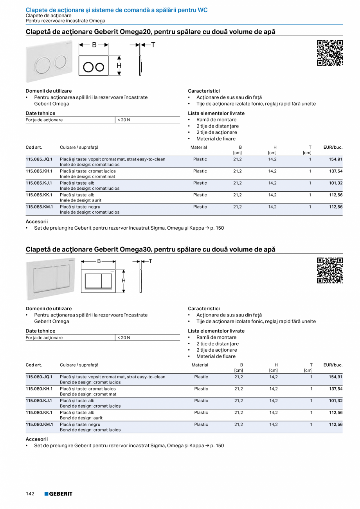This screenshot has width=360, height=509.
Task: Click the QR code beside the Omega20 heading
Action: click(x=329, y=52)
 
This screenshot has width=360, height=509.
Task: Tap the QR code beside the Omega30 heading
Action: click(x=329, y=270)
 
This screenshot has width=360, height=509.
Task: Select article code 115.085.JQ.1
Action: click(x=39, y=159)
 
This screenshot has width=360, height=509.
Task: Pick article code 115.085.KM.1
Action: click(x=39, y=207)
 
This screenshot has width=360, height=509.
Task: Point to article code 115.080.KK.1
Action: click(x=39, y=412)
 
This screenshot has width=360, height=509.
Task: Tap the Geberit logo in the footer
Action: click(x=58, y=494)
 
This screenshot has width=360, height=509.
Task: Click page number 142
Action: click(x=30, y=494)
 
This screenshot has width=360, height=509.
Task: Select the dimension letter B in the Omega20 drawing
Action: click(x=94, y=45)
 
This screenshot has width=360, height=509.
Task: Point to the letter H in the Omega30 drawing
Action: click(x=124, y=281)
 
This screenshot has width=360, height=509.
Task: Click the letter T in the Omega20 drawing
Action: click(x=153, y=45)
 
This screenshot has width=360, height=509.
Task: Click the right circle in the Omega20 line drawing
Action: click(x=100, y=67)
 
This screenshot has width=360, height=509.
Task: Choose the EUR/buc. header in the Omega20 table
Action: click(x=333, y=147)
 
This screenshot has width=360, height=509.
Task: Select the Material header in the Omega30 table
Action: click(x=200, y=365)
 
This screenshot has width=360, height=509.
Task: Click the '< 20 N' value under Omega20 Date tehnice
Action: click(x=124, y=120)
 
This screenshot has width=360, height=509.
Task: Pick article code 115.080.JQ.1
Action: click(x=39, y=377)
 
